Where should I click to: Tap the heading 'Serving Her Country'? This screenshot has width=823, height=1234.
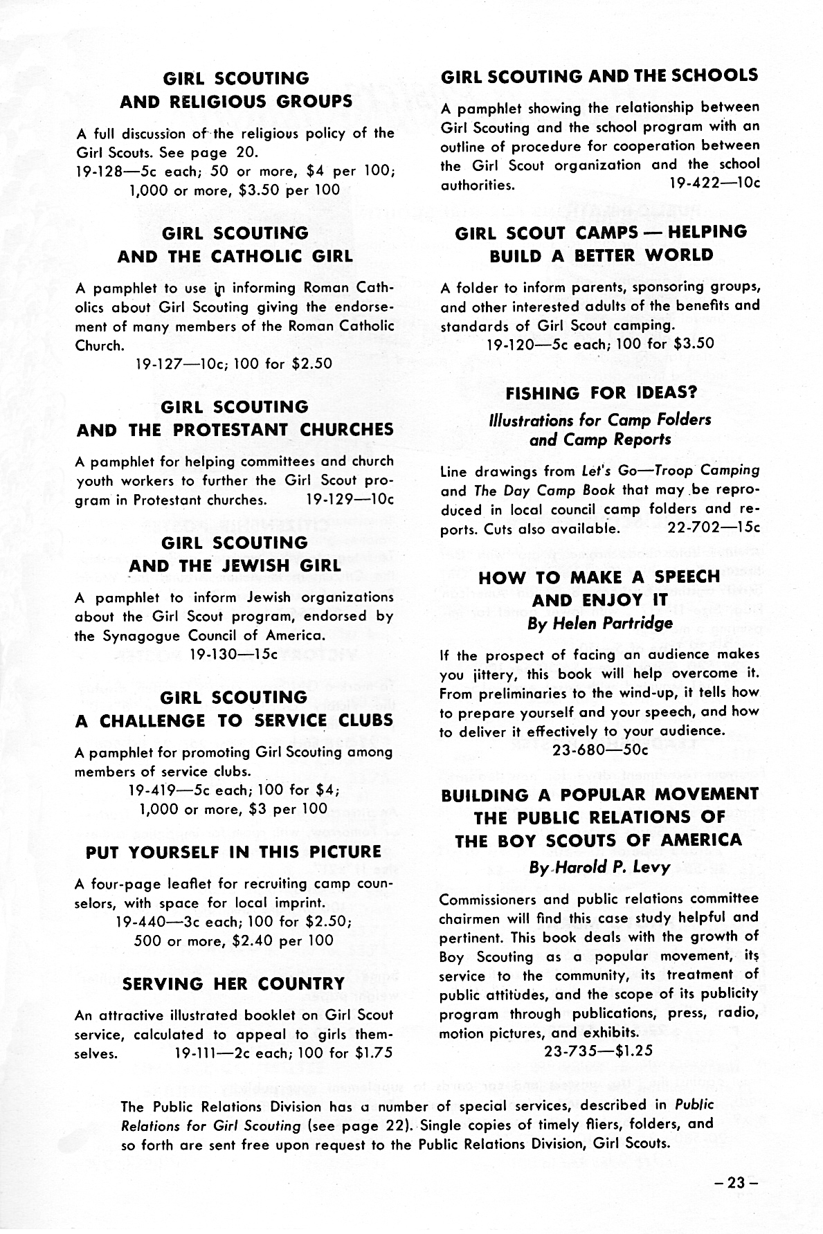(233, 983)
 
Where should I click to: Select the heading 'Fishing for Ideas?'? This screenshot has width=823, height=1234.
(600, 393)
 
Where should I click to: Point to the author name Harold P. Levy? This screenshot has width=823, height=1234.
(599, 866)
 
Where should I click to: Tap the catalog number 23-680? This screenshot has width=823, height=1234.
(579, 750)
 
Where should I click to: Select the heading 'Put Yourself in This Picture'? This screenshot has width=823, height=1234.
(233, 852)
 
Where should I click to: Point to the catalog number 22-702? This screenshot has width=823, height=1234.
(695, 528)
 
